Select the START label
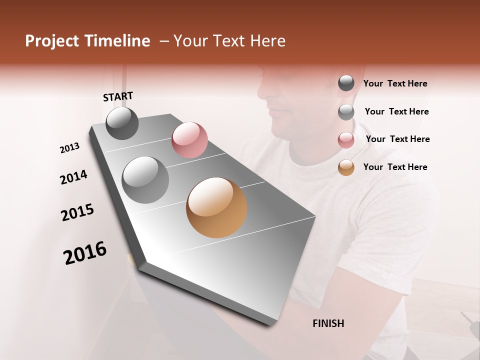(x=118, y=96)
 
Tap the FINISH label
(x=328, y=323)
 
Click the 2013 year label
(x=70, y=148)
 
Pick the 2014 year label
(x=73, y=177)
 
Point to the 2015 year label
(x=77, y=212)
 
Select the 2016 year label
(x=85, y=253)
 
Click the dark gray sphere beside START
(x=122, y=123)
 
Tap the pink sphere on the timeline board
(x=189, y=139)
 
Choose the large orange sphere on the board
(x=216, y=207)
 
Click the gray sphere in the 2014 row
(x=145, y=180)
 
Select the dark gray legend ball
(x=346, y=83)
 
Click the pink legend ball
(x=346, y=140)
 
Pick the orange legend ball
(x=346, y=167)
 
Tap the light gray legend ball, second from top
(x=346, y=112)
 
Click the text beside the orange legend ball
(x=395, y=167)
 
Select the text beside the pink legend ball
(x=397, y=139)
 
